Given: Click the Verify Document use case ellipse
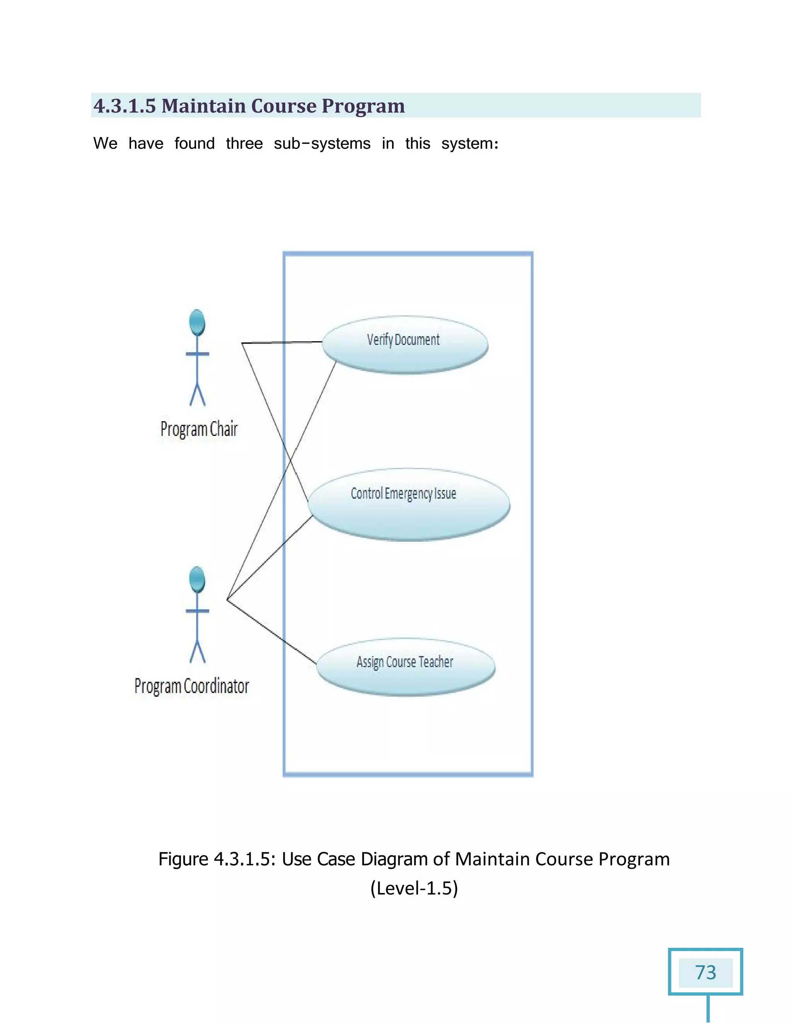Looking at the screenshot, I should coord(405,345).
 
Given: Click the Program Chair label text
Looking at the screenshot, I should coord(199,429).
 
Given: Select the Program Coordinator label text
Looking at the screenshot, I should coord(191,686).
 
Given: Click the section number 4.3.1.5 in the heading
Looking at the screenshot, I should coord(125,105).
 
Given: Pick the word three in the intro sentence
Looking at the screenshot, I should coord(244,143).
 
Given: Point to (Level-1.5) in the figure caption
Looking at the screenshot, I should coord(414,888).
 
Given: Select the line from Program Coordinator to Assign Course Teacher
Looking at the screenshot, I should coord(272,632).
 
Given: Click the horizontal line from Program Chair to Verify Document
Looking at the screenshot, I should coord(282,343).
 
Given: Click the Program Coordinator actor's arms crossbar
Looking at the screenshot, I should coord(198,611).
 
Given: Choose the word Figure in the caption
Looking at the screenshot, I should coord(183,859).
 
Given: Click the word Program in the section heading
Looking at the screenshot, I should coord(363,105).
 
